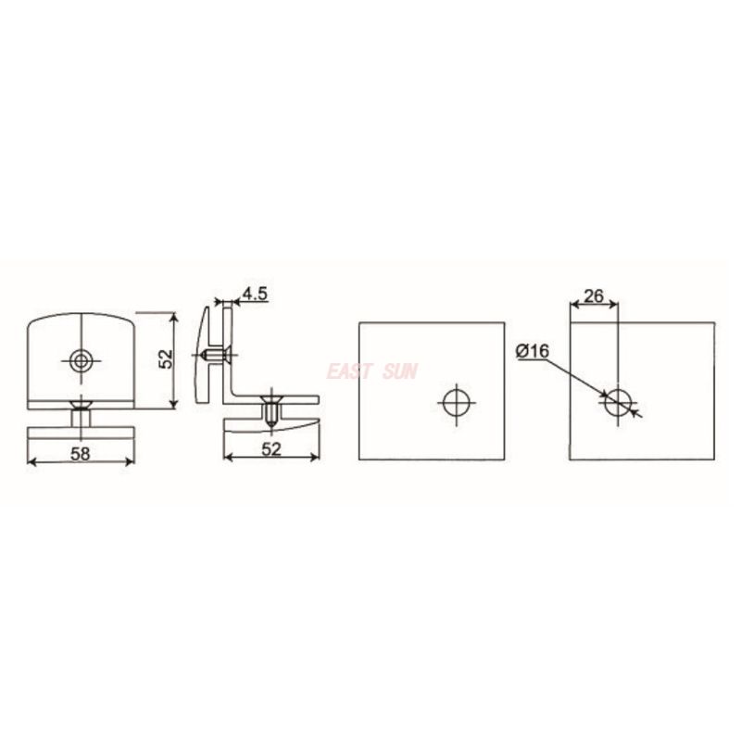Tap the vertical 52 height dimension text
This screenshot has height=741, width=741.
click(x=166, y=359)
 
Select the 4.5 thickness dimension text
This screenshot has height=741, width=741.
click(x=254, y=295)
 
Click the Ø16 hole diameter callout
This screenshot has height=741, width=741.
click(x=533, y=351)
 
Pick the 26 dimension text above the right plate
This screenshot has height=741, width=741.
click(x=593, y=296)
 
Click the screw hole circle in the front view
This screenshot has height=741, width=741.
click(x=82, y=359)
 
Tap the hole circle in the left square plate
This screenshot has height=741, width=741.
click(x=456, y=403)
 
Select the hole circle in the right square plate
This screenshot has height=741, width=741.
click(x=618, y=403)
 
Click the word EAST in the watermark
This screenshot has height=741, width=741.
click(x=348, y=372)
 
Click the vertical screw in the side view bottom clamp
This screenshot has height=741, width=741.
click(x=270, y=410)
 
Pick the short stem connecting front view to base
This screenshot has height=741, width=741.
click(x=82, y=418)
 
